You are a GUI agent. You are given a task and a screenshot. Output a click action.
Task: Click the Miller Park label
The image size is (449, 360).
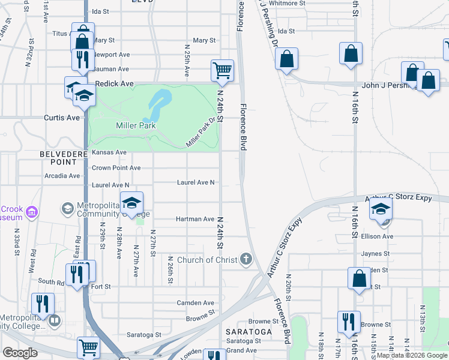click(x=136, y=125)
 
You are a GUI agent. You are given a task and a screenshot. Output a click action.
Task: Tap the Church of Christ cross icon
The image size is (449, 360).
click(x=246, y=260)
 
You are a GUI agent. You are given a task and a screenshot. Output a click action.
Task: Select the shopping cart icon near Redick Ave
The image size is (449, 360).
click(x=222, y=71)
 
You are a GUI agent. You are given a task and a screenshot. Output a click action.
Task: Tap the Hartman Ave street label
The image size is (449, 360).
click(x=194, y=220)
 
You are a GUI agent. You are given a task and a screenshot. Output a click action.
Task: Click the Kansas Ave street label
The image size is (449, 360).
click(x=109, y=152)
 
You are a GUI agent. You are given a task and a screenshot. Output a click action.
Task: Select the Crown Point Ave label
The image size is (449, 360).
click(x=116, y=168)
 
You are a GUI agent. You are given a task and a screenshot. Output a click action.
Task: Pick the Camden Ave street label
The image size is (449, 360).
click(x=195, y=303)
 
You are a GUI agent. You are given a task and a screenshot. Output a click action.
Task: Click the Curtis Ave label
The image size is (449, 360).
click(x=62, y=118)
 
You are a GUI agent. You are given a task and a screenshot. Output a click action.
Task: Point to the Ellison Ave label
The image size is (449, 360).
click(x=377, y=236)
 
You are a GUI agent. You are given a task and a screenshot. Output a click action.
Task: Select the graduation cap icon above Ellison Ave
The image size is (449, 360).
click(x=380, y=209)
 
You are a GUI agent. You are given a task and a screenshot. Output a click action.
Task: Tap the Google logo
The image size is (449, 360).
click(x=20, y=353)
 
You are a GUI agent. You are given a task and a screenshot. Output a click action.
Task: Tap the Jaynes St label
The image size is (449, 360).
click(x=375, y=254)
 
